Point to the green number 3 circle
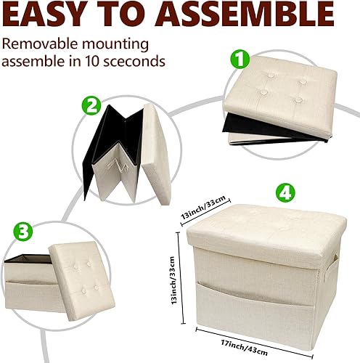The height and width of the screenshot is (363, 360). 23,233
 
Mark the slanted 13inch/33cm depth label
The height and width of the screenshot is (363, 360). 204,212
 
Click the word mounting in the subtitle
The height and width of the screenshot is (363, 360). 118,44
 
